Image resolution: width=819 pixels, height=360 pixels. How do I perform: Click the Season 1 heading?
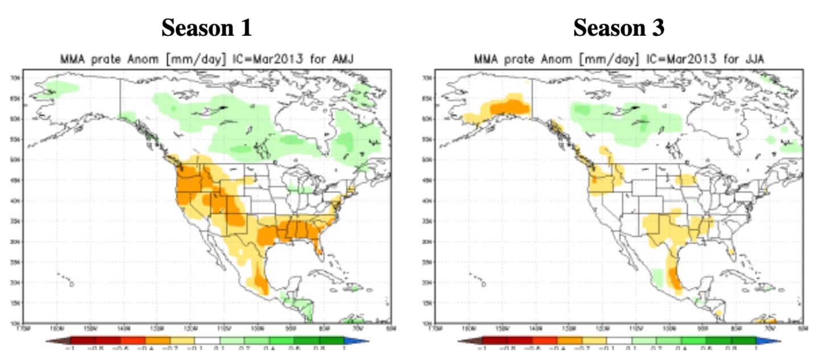click(206, 28)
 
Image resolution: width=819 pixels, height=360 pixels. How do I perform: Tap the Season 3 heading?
click(618, 28)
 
